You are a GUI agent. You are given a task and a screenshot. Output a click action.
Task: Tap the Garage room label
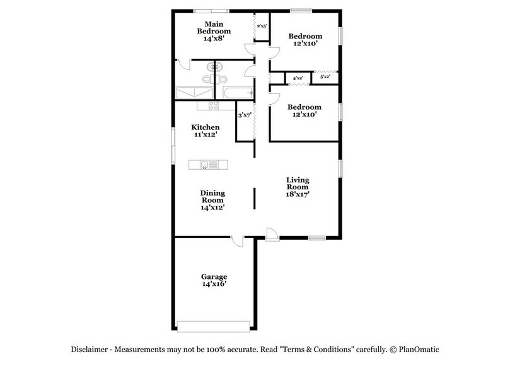point(214,281)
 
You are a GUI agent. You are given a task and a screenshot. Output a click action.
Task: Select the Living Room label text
point(297,187)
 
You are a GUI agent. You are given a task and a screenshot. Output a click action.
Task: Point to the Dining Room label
point(212,200)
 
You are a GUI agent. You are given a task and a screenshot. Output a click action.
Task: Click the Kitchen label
point(206,131)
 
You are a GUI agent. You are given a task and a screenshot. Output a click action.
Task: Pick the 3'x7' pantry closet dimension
point(245,115)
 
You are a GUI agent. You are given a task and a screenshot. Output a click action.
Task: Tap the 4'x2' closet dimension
point(298,78)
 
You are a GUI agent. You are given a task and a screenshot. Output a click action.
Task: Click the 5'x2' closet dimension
point(325,76)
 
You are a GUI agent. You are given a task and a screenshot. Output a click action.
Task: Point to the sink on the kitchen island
point(205,165)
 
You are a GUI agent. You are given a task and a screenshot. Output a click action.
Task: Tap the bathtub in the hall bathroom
point(238,93)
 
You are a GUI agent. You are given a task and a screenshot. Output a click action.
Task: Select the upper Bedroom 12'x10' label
point(305,40)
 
